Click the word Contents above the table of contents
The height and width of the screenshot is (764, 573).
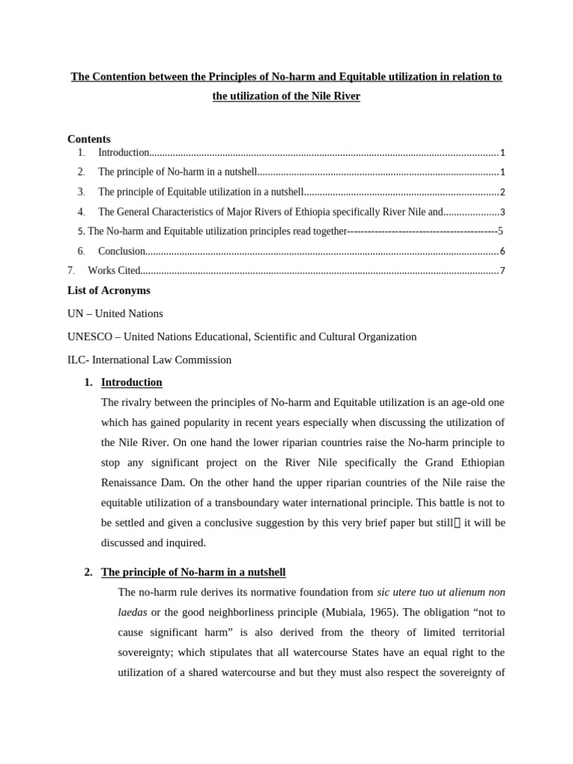tap(89, 139)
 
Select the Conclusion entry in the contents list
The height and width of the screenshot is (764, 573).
tap(122, 251)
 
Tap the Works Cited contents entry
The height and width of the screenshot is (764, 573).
tap(114, 271)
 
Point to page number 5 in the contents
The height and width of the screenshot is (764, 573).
tap(501, 231)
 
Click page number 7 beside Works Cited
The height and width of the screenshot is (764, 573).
tap(503, 271)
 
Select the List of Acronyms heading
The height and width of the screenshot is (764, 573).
tap(109, 290)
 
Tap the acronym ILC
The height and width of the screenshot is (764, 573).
tap(77, 360)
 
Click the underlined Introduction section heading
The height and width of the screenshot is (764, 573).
tap(131, 383)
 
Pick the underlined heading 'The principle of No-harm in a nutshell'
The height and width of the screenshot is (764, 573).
tap(193, 572)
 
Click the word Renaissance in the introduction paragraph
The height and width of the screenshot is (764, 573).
tap(133, 483)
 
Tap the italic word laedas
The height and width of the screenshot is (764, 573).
tap(133, 613)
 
